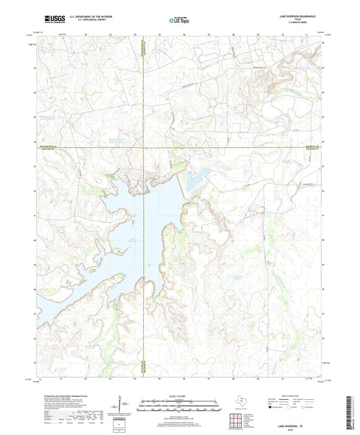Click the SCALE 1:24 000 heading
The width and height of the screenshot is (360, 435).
click(x=180, y=395)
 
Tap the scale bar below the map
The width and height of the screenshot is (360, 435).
click(x=180, y=405)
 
